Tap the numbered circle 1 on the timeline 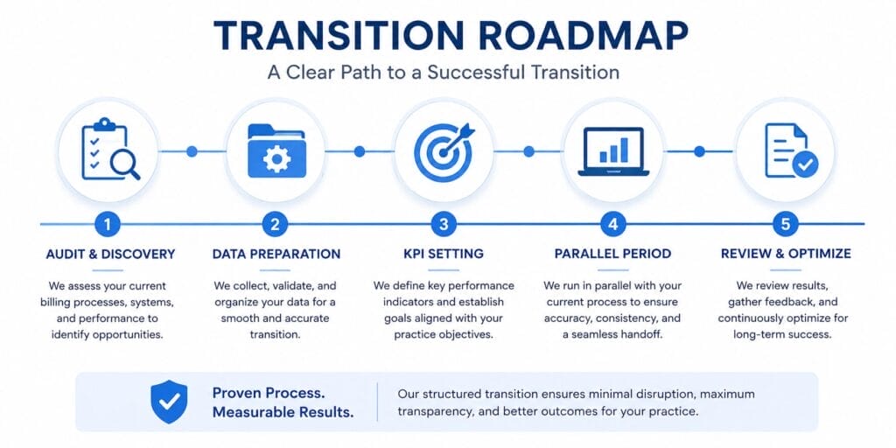tap(108, 225)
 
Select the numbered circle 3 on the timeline tap(444, 225)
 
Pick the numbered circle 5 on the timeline tap(785, 225)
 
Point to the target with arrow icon tap(444, 150)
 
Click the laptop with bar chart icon tap(613, 151)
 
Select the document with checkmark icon tap(791, 151)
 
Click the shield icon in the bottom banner tap(169, 402)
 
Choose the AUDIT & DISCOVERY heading tap(110, 254)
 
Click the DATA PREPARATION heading tap(276, 254)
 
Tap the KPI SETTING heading tap(444, 254)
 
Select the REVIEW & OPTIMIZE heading tap(786, 254)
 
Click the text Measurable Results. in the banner tap(283, 413)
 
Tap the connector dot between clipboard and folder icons tap(192, 151)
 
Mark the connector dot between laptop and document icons tap(699, 151)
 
